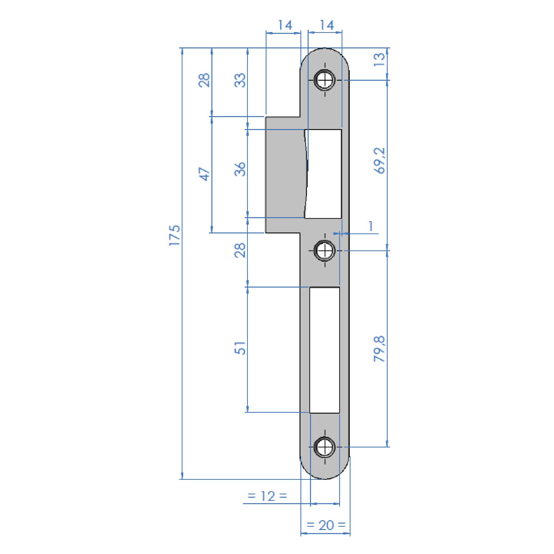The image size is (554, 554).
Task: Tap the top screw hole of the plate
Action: click(x=325, y=80)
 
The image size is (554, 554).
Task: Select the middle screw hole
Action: click(x=325, y=251)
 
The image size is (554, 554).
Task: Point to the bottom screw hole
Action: click(x=325, y=447)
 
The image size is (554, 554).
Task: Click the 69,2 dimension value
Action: click(x=379, y=160)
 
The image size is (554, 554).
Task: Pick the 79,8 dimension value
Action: click(x=379, y=349)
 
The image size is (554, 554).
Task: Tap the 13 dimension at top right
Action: click(x=379, y=59)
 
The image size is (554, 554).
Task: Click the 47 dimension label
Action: click(x=204, y=174)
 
